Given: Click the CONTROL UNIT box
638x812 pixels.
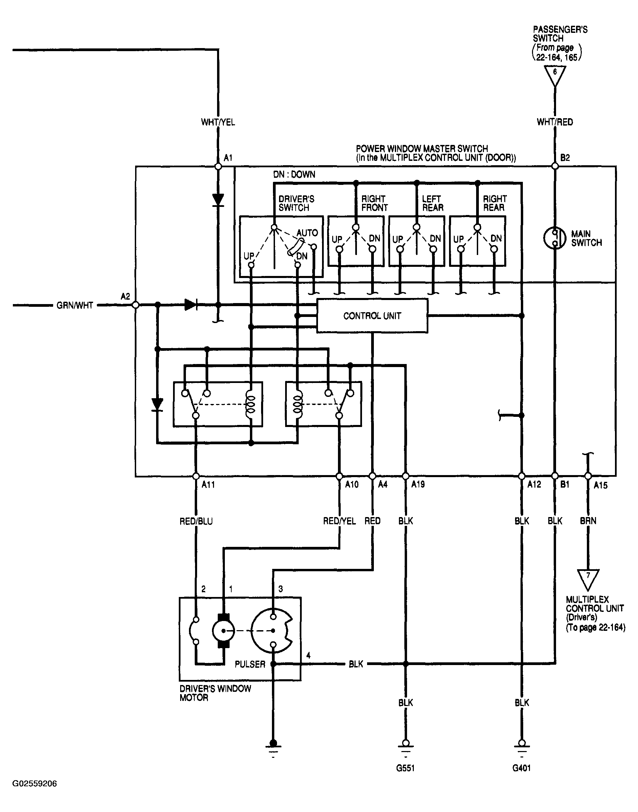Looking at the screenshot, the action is (x=372, y=316).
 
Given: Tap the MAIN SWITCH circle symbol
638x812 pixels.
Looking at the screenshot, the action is (x=555, y=238).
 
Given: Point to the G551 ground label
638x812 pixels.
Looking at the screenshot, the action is (x=405, y=768).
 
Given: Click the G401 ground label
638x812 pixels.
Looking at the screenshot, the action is (x=522, y=768).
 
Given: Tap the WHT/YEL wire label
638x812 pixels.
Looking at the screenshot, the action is (x=218, y=122).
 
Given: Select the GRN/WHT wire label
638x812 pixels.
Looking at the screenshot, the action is (x=75, y=305).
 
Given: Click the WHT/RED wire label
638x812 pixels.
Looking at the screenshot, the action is (x=555, y=122).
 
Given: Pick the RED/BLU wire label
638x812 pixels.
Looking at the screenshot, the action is (x=196, y=521).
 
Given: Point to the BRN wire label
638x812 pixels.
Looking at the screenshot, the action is (x=588, y=521).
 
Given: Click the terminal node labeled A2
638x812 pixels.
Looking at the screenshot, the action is (x=135, y=305).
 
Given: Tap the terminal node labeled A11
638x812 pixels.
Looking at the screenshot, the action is (x=195, y=476).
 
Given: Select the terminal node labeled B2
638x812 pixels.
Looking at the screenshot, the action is (x=555, y=166).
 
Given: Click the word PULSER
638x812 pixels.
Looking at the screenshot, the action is (x=250, y=664).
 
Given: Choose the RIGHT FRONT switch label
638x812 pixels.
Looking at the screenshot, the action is (x=375, y=203).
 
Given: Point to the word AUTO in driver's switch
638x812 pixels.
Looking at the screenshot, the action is (x=307, y=233).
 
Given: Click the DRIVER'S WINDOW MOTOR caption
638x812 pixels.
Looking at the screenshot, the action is (x=215, y=693).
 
